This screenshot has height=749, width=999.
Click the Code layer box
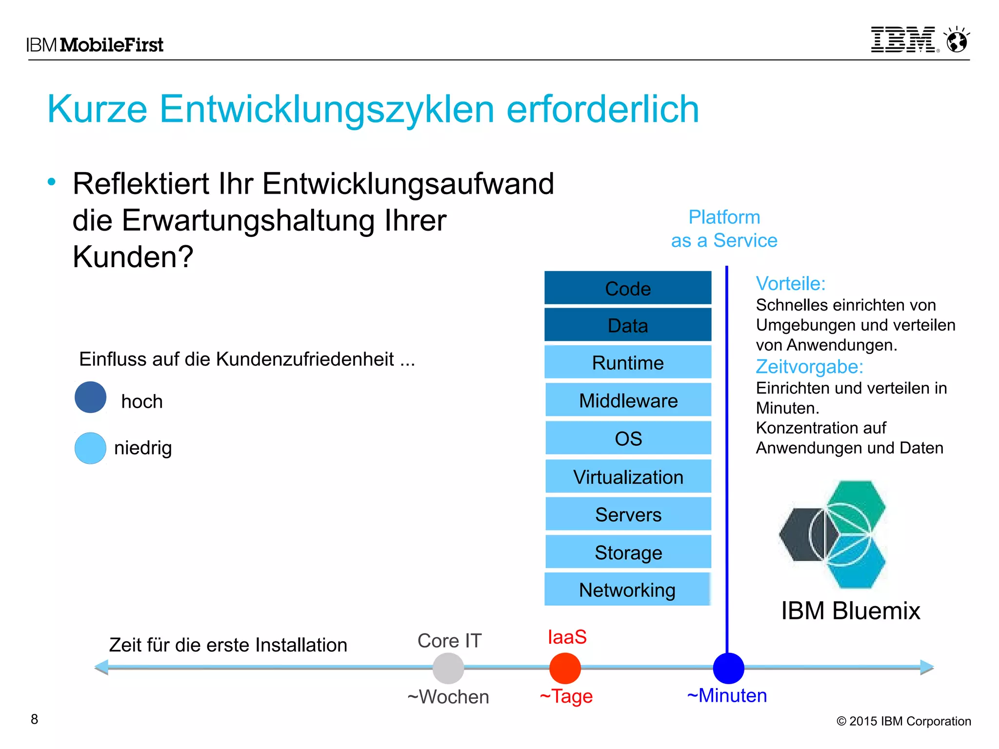point(628,288)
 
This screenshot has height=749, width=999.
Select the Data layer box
point(628,325)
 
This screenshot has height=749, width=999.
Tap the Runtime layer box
point(628,362)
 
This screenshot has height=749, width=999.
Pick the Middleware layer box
point(628,400)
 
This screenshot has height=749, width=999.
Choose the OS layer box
point(628,438)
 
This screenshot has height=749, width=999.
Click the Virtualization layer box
point(628,476)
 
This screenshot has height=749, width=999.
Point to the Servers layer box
point(628,514)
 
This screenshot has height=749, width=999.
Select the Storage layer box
point(628,552)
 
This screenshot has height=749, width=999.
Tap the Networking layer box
point(627,590)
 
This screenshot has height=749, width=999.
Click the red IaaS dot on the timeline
point(565,668)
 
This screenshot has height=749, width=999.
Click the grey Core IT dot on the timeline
point(448,668)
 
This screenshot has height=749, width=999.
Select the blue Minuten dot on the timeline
point(728,668)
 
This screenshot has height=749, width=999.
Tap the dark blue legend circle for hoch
point(90,397)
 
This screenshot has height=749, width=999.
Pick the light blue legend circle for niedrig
point(90,448)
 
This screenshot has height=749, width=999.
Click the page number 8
point(34,719)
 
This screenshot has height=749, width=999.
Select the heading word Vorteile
point(790,284)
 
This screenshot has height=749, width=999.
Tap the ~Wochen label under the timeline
point(448,697)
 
